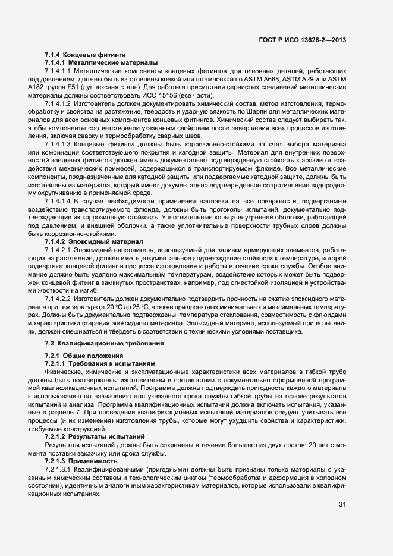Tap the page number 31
coord(342,505)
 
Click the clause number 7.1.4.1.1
coord(58,71)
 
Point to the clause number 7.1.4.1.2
coord(58,105)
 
